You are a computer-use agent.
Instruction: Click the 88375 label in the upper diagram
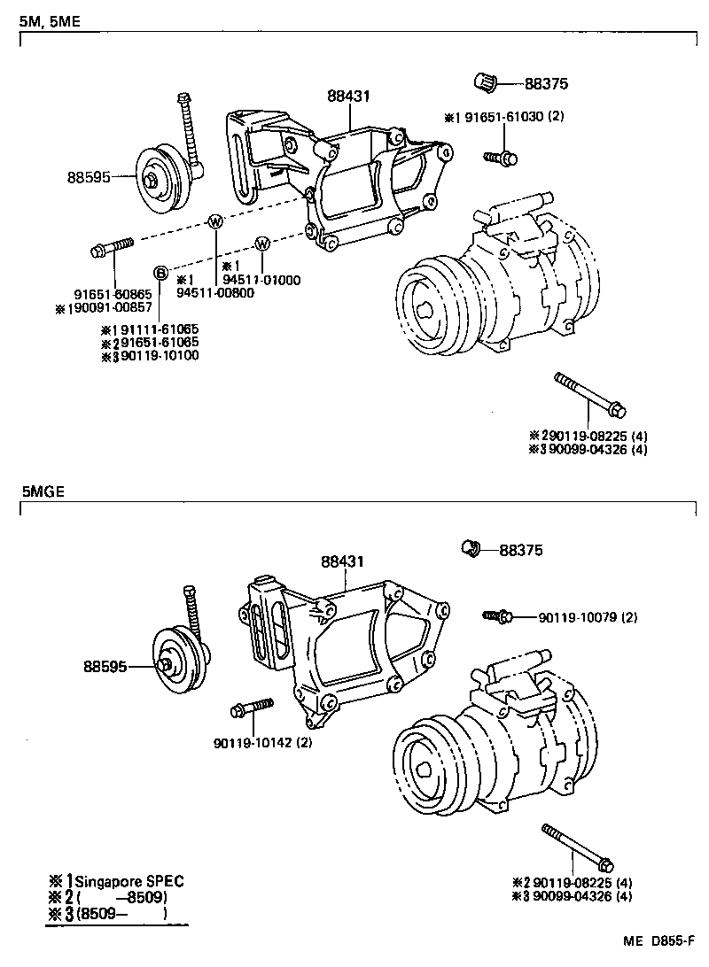546,85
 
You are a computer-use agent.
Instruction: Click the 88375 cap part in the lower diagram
471,549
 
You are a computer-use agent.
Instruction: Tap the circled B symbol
161,272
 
